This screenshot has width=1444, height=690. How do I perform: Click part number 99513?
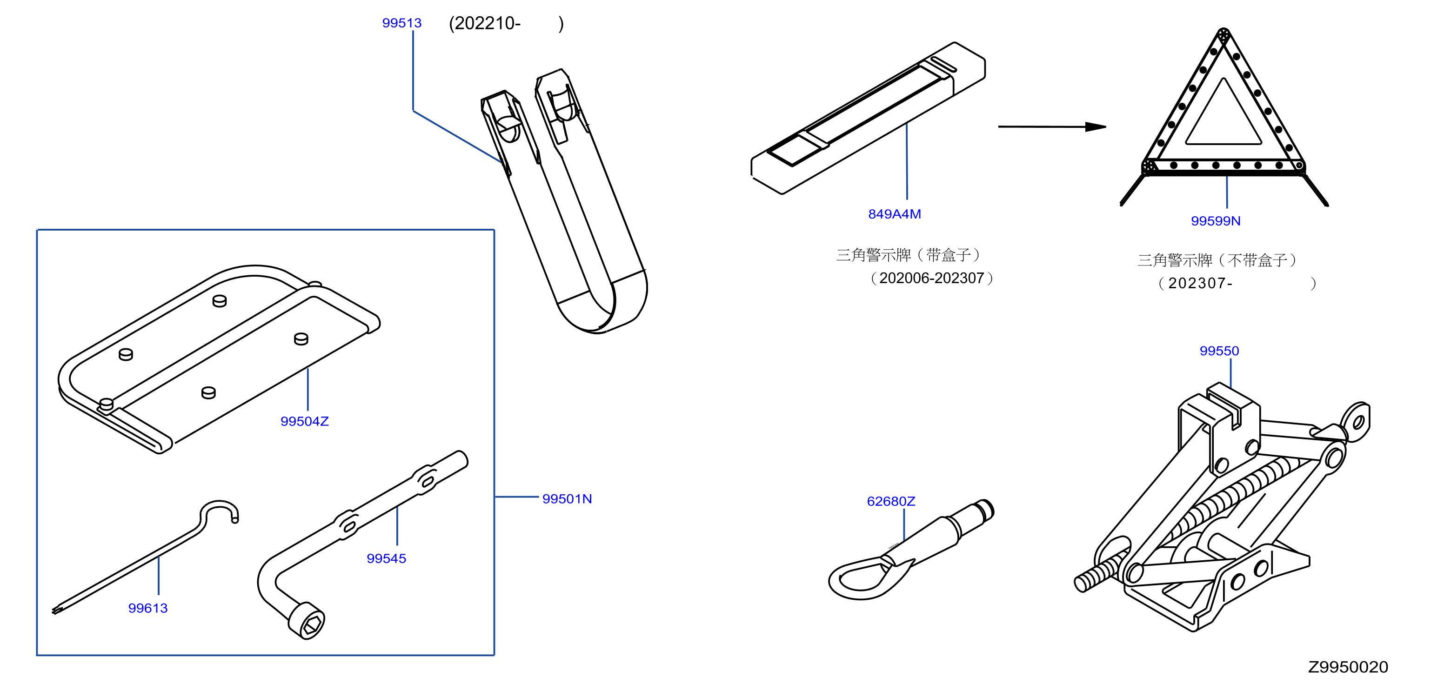tap(401, 23)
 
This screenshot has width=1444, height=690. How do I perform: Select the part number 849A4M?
tap(894, 214)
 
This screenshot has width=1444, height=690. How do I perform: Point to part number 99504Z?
tap(304, 421)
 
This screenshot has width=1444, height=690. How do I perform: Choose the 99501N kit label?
tap(567, 498)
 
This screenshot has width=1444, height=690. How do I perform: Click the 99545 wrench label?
tap(386, 558)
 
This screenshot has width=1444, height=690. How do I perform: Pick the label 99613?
tap(148, 608)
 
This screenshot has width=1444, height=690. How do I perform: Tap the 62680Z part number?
tap(891, 501)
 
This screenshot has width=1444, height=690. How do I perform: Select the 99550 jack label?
tap(1219, 351)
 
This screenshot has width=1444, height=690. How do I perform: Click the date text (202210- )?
tap(506, 24)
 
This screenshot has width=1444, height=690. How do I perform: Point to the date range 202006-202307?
tap(932, 279)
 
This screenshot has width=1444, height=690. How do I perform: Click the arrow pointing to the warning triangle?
tap(1052, 126)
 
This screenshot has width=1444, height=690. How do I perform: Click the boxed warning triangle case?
tap(868, 118)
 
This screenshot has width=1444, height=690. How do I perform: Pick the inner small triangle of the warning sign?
tap(1223, 112)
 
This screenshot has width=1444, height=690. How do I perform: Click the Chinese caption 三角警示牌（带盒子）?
tap(908, 255)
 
